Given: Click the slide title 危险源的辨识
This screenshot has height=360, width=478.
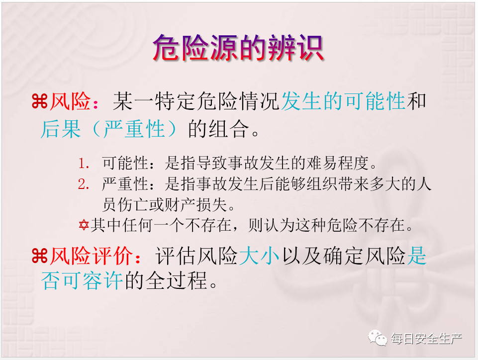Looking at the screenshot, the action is [x=238, y=48].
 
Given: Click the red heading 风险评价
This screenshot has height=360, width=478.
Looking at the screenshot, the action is [x=91, y=256].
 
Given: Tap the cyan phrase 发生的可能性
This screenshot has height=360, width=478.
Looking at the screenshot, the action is [x=343, y=101].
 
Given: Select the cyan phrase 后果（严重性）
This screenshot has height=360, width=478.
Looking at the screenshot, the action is [x=109, y=129].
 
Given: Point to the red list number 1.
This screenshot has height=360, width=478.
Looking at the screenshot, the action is [x=83, y=164].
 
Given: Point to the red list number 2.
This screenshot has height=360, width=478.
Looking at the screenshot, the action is [x=83, y=184].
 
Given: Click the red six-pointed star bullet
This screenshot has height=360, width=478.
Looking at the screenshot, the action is [x=84, y=225].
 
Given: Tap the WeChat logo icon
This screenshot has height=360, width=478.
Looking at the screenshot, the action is [x=378, y=338].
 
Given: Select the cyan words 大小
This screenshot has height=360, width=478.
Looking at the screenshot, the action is [x=259, y=256].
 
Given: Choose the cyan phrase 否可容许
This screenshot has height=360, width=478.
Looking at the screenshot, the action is [x=82, y=280].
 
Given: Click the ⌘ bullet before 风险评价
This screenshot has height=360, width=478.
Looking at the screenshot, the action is [x=40, y=256].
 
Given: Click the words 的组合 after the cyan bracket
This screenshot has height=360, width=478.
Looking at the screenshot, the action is [x=218, y=129].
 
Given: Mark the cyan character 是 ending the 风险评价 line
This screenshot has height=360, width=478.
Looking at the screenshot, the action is [x=416, y=256].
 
